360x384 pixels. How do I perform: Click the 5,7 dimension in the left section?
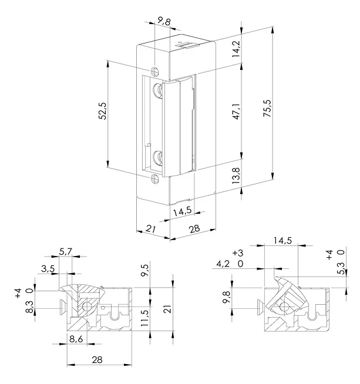[x=65, y=252]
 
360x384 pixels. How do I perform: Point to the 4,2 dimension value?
[x=223, y=264]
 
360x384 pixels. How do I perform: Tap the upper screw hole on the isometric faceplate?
[x=154, y=71]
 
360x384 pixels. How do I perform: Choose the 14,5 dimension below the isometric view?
[x=181, y=210]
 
